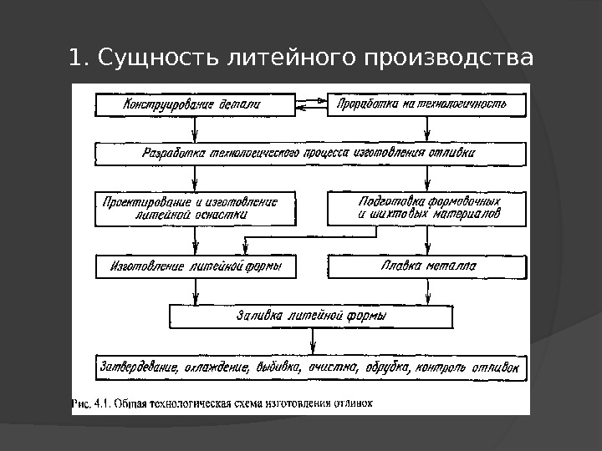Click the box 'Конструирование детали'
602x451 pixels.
coord(195,105)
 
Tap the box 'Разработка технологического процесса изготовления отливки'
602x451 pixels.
coord(311,154)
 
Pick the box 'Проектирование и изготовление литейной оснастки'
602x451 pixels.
coord(195,208)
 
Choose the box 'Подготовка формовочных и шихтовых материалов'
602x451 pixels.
coord(427,208)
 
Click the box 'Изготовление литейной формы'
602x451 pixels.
coord(195,266)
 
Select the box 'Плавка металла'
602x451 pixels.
coord(427,266)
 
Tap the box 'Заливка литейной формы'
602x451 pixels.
coord(311,317)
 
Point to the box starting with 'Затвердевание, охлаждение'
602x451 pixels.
coord(311,367)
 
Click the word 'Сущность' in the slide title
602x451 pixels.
coord(156,59)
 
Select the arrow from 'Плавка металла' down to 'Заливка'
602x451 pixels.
coord(428,291)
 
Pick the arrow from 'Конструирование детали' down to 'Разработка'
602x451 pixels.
coord(195,129)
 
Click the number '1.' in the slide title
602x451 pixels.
coord(79,59)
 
